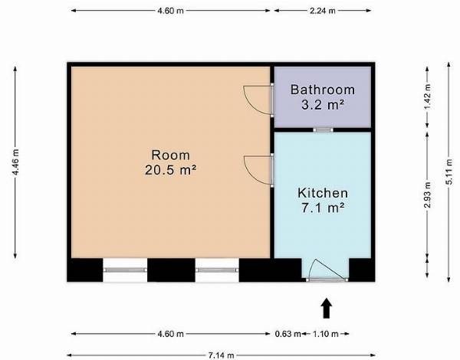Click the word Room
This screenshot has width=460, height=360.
(x=170, y=155)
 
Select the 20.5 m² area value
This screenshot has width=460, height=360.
(x=170, y=170)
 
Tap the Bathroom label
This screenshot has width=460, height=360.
(x=323, y=90)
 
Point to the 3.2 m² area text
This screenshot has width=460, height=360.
(x=323, y=105)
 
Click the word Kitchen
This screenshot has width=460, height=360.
(x=323, y=193)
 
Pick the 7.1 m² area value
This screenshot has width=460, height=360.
(x=323, y=208)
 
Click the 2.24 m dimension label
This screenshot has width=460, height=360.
(x=323, y=11)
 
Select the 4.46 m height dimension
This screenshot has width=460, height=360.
(x=15, y=162)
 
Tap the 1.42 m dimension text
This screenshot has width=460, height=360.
(x=427, y=97)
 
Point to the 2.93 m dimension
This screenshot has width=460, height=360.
(x=427, y=195)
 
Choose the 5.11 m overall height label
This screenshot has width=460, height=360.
(x=449, y=172)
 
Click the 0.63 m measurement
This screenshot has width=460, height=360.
(x=287, y=334)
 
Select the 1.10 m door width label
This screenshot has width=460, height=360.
(x=326, y=334)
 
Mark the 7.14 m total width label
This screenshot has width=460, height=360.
(x=222, y=355)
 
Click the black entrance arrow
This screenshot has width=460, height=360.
(x=327, y=309)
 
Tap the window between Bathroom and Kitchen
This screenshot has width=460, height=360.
(x=323, y=130)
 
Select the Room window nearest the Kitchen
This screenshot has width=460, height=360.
(x=217, y=270)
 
